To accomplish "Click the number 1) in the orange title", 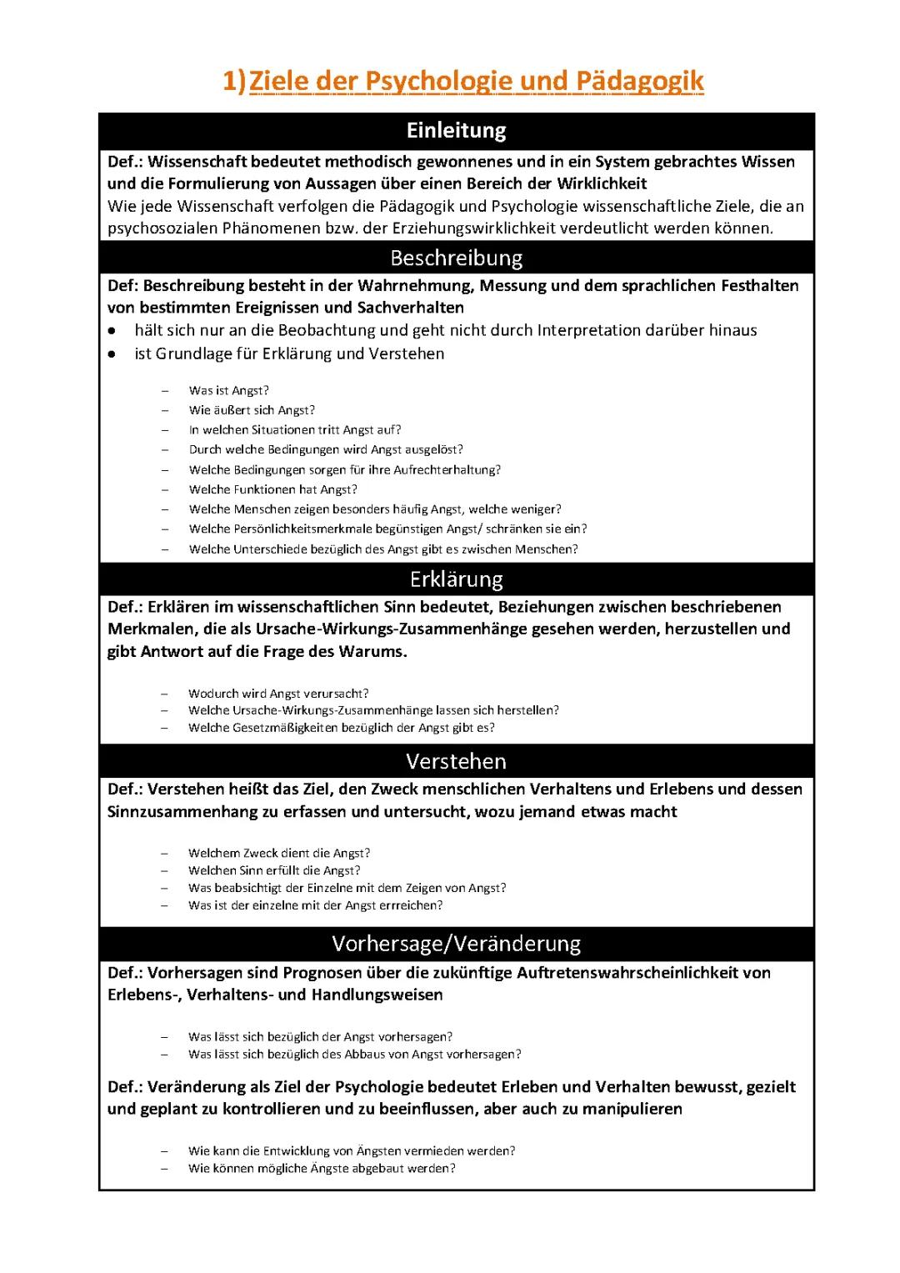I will (x=235, y=82).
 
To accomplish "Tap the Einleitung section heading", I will (x=456, y=131).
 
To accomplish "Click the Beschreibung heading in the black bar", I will (x=456, y=258).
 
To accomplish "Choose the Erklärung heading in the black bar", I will (x=456, y=579).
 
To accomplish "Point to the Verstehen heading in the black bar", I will (x=456, y=761).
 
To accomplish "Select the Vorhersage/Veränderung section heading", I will (x=456, y=944).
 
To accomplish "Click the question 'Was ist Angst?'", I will (x=228, y=390).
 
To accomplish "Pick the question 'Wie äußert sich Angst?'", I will (x=252, y=410).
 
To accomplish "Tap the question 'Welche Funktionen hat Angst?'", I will (x=272, y=489).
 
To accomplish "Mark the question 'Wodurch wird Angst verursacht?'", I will (x=278, y=693).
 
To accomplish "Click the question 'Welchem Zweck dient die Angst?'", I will (x=279, y=853).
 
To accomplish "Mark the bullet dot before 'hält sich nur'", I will (x=112, y=331).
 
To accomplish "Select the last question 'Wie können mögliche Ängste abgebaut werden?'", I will (x=322, y=1168).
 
